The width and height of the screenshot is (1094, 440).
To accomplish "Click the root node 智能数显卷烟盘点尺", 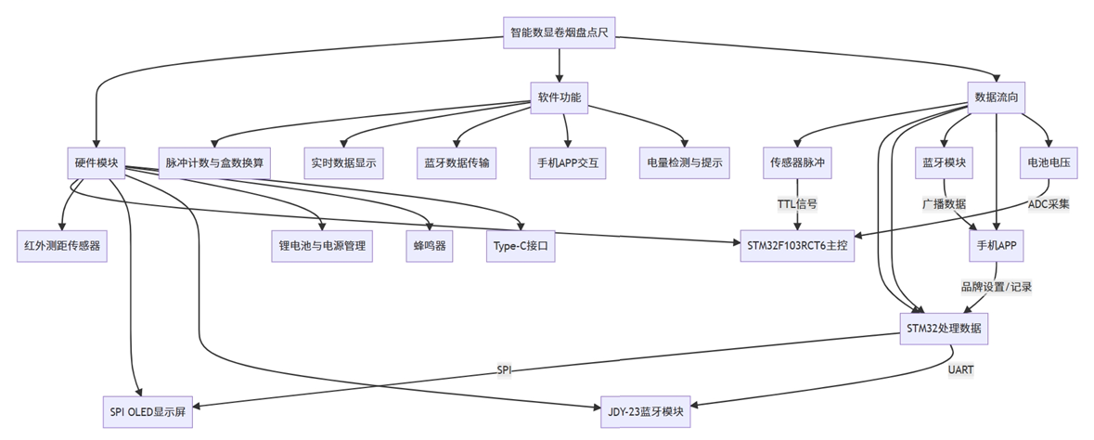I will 560,32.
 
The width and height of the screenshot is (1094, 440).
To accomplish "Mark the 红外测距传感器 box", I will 62,246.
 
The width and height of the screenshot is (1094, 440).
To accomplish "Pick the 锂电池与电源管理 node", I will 322,246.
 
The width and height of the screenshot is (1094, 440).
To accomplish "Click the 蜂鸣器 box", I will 430,246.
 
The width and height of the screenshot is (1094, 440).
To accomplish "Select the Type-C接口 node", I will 521,246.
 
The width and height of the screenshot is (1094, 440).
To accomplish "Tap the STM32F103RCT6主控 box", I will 797,246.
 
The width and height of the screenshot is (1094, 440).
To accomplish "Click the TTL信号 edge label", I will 797,203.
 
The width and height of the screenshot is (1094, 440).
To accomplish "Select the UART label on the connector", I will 960,369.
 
